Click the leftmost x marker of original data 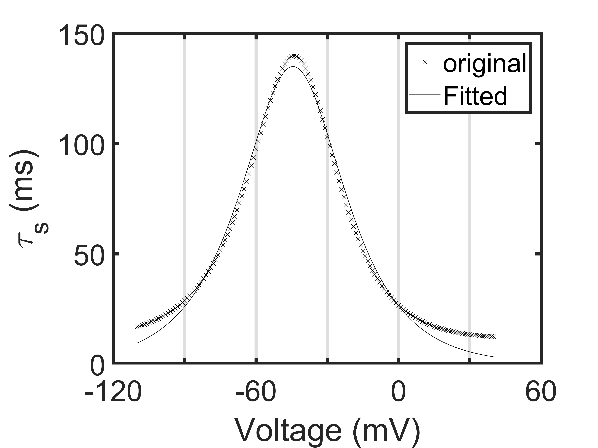[x=137, y=327]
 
